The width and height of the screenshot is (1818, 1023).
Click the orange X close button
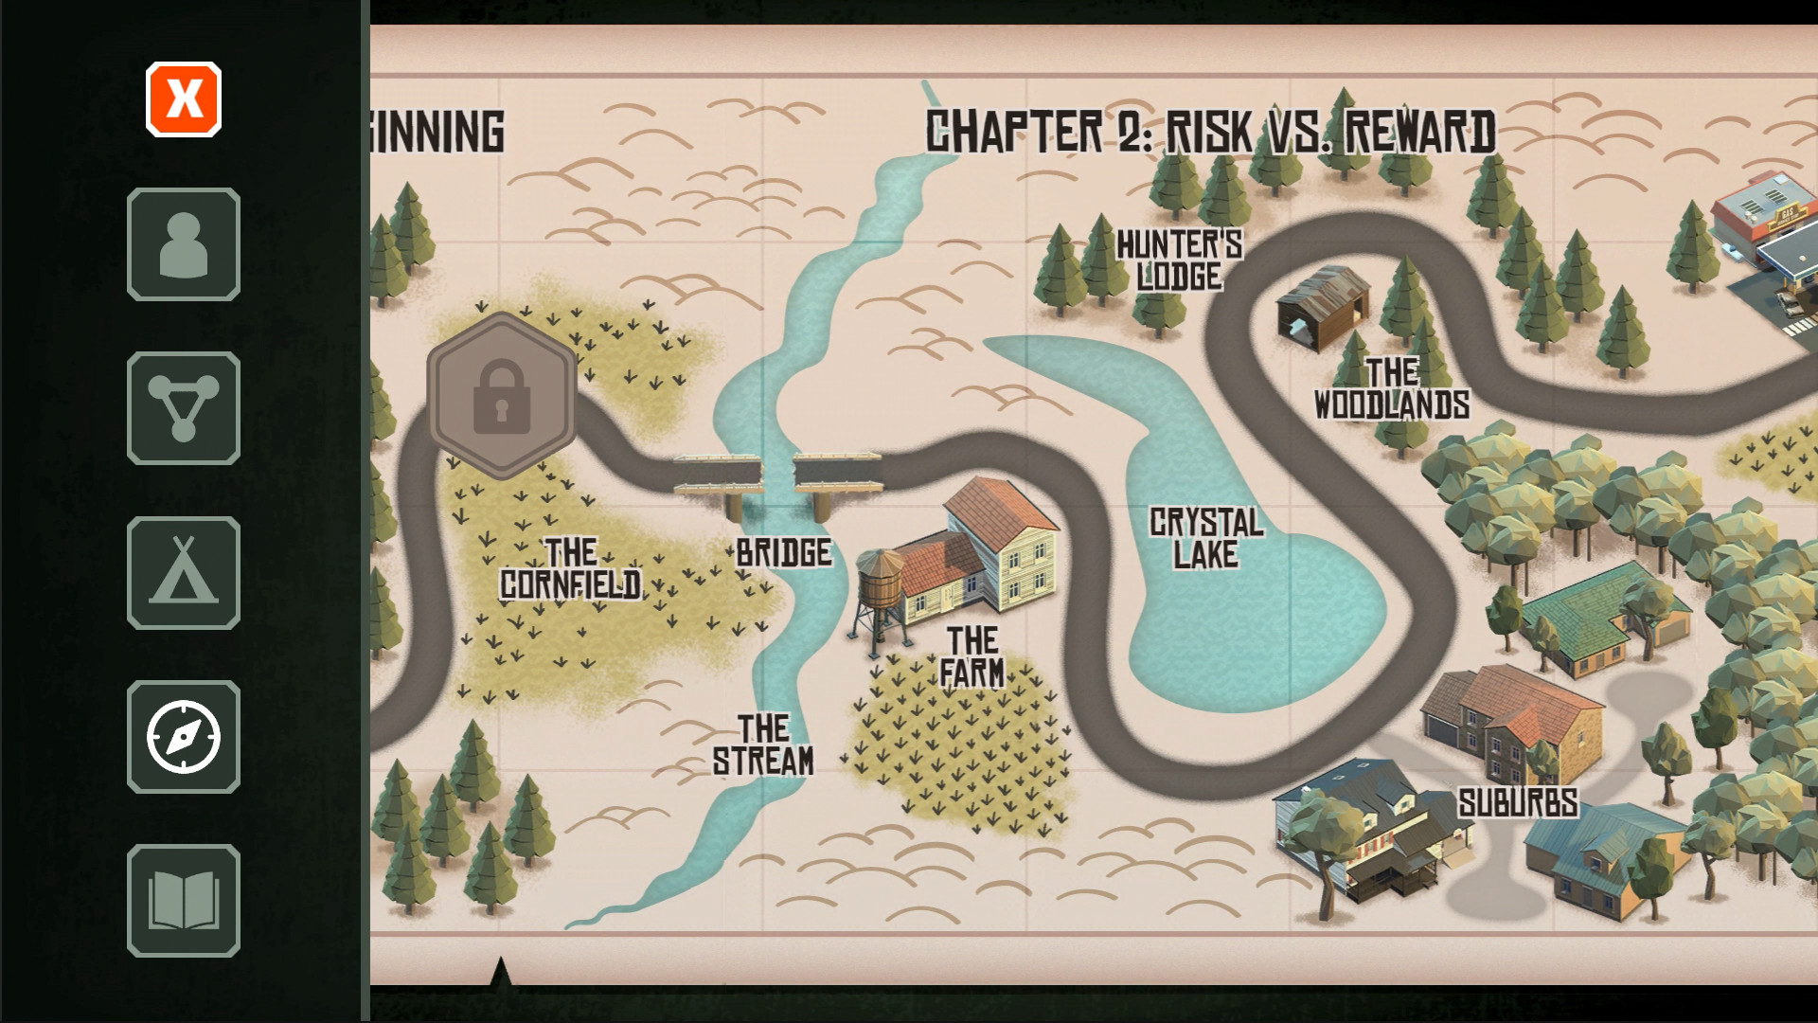(184, 99)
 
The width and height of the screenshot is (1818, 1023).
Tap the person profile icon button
(184, 244)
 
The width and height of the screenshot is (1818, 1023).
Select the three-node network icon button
(184, 408)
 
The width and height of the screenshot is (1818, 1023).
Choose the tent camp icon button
(184, 572)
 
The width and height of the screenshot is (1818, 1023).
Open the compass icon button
(184, 737)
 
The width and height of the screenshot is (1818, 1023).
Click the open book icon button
(184, 901)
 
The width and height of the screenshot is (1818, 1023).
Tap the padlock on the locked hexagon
(501, 397)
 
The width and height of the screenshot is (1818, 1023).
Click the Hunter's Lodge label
(1180, 260)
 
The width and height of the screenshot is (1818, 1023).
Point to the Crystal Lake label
(1206, 538)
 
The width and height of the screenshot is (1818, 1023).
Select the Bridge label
(784, 552)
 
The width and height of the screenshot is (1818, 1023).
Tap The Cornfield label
(571, 569)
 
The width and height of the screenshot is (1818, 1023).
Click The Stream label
(763, 745)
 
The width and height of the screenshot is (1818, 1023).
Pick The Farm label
(972, 656)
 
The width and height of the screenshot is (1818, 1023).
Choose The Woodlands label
(1392, 388)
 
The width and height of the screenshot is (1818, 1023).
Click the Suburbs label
(1518, 803)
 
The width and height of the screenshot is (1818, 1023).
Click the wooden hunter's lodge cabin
(1323, 309)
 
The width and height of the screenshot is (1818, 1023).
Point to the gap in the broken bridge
(777, 472)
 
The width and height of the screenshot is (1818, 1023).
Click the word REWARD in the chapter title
(1420, 132)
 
